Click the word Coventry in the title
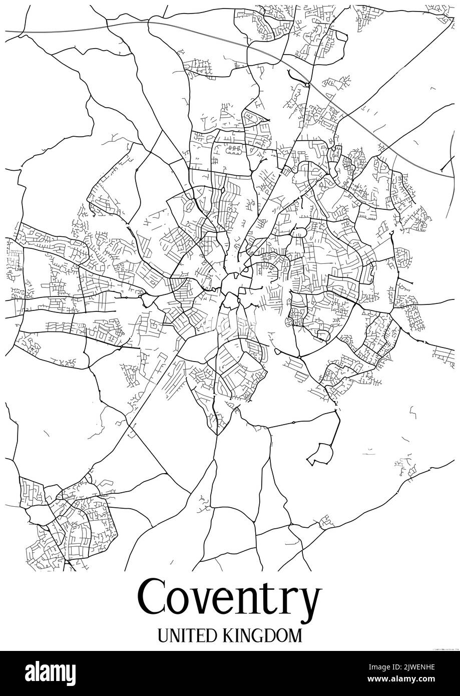[x=230, y=599]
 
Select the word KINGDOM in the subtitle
[x=261, y=636]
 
